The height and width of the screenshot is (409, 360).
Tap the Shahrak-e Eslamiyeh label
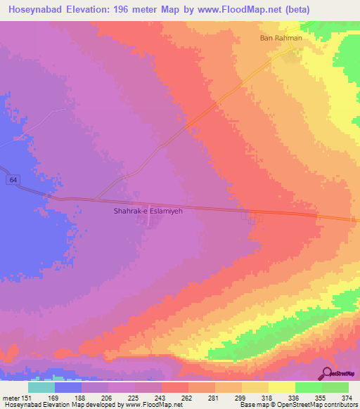(148, 210)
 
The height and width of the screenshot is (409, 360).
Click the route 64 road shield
(13, 181)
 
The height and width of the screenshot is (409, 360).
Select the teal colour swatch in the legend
(41, 387)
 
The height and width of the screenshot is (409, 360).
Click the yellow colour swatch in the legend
(281, 387)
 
